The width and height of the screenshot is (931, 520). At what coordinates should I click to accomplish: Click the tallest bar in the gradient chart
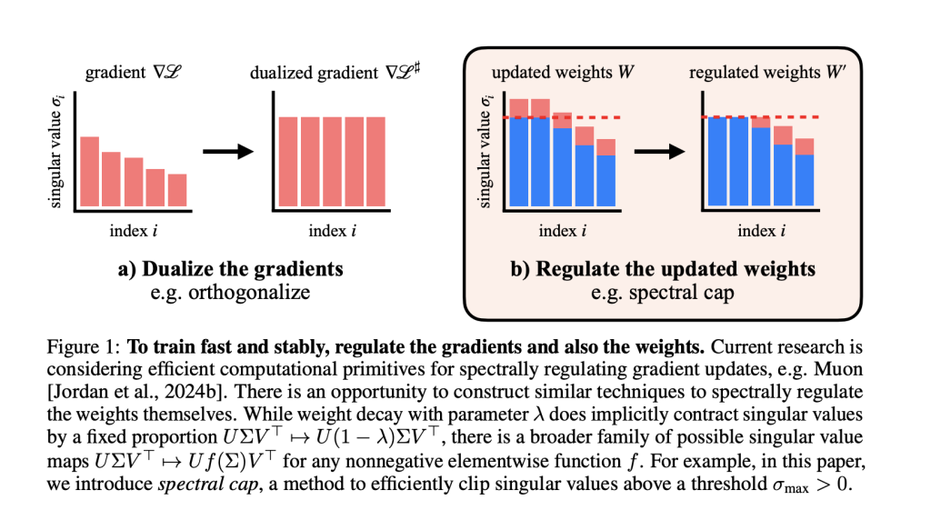click(x=90, y=170)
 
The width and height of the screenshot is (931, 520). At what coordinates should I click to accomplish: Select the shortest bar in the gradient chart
click(x=177, y=189)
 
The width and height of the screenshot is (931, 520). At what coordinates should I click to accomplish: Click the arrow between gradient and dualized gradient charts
click(x=225, y=151)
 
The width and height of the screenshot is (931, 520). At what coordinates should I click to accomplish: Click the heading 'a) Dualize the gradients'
click(x=232, y=269)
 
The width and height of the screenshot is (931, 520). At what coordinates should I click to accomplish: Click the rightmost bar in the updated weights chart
click(x=606, y=173)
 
